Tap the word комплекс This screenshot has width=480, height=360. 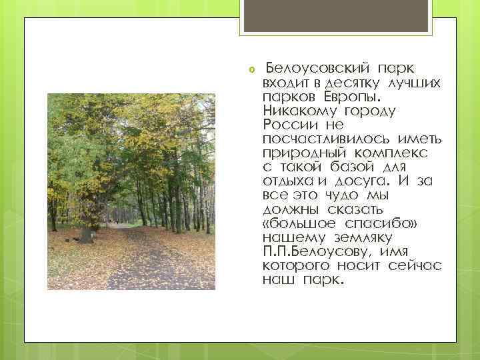(x=381, y=153)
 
